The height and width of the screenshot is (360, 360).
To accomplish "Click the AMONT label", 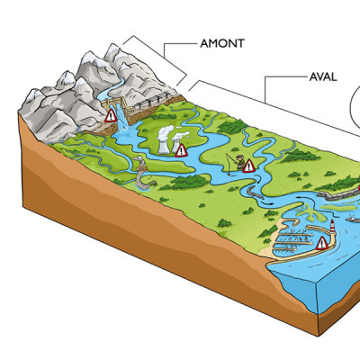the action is tap(222, 43).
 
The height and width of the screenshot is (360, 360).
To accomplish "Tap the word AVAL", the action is tap(323, 77).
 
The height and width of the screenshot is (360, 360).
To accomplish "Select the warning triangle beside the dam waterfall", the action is tap(111, 116).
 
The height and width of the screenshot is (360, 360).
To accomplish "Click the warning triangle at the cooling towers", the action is tap(181, 150).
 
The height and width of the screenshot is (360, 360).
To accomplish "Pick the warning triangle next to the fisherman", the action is tap(248, 166).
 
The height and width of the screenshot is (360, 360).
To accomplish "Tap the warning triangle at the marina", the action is tap(322, 243).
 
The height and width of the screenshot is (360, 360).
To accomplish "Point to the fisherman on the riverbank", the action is tap(239, 162).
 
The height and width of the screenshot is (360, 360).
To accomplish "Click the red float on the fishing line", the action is tap(229, 173).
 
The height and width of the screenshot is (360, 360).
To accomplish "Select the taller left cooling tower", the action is tap(164, 147).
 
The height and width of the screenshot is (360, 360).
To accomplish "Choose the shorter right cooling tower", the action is tap(175, 146).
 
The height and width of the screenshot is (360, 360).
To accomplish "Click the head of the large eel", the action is tap(139, 158).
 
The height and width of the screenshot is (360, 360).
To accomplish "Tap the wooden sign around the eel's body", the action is tap(141, 170).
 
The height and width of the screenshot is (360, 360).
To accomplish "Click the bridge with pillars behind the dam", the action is tap(151, 102).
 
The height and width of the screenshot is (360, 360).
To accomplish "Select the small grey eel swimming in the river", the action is tap(255, 192).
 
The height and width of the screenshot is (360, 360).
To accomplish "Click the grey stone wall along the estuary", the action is tap(337, 194).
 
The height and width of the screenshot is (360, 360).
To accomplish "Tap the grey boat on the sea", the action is tap(354, 220).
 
